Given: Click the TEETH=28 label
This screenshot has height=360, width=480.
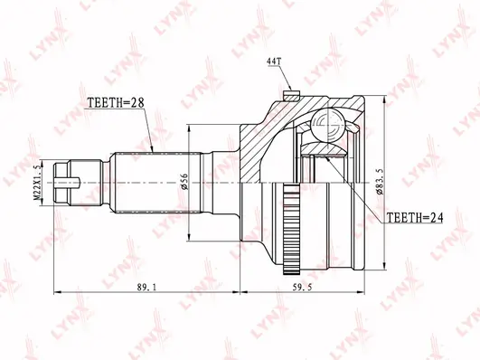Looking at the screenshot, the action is [116, 102].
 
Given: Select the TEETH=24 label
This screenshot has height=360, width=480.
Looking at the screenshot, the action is [415, 217].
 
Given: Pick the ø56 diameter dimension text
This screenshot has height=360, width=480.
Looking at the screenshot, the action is [184, 182].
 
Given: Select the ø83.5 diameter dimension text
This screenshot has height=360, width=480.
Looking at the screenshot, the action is [380, 182].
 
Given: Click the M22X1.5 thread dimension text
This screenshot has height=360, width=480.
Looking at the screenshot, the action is [37, 183].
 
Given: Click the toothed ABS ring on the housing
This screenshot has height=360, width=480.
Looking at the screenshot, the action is [292, 228].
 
